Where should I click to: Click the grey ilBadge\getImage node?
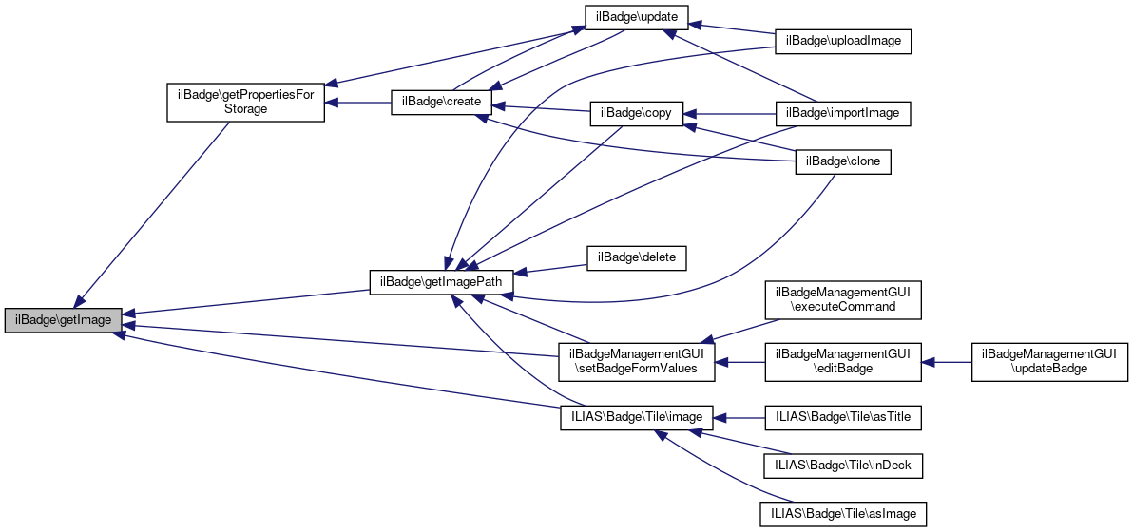[64, 320]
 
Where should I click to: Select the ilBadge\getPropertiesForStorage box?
[246, 102]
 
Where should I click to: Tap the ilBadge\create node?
[441, 102]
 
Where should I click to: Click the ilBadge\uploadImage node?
[844, 42]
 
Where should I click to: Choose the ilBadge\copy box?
[631, 113]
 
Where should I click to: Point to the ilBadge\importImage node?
[844, 113]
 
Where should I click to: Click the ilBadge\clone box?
[843, 161]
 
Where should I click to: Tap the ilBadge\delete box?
[636, 257]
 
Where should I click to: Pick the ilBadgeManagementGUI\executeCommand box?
[844, 300]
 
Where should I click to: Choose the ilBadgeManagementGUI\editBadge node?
[844, 362]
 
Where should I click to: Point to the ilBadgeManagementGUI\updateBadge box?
[1049, 362]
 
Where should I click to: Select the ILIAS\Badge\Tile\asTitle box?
[843, 416]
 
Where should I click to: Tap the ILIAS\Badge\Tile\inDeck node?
[843, 465]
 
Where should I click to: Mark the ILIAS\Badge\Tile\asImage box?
[843, 513]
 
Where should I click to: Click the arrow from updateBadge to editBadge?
[946, 362]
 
